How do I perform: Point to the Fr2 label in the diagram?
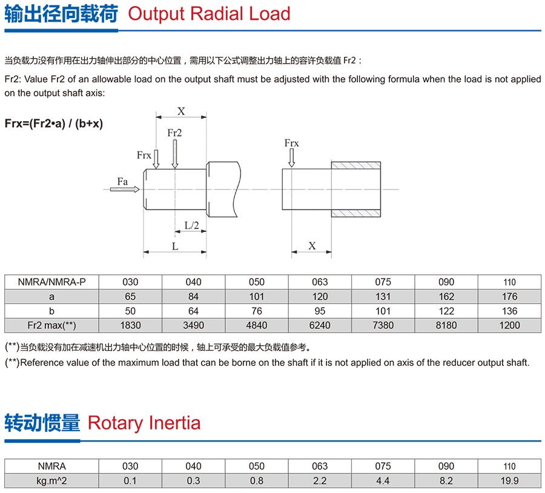(x=174, y=133)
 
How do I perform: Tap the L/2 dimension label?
(x=191, y=225)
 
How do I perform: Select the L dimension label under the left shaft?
(x=175, y=247)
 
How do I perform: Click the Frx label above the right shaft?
(x=291, y=143)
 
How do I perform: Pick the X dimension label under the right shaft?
(x=312, y=246)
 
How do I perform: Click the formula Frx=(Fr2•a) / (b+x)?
(x=53, y=123)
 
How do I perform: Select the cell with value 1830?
(x=130, y=325)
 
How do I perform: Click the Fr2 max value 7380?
(x=383, y=325)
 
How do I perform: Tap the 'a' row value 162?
(x=446, y=296)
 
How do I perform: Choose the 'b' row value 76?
(x=257, y=311)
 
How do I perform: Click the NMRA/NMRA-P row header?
(x=51, y=282)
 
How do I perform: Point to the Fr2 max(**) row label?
(x=51, y=325)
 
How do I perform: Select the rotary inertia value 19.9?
(x=510, y=481)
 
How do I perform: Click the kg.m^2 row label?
(x=51, y=481)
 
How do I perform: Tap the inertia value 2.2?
(x=320, y=481)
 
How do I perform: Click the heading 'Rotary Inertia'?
(x=144, y=422)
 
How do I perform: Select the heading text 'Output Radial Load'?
(x=209, y=13)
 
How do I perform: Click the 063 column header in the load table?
(x=320, y=282)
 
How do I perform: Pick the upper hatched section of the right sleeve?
(x=355, y=165)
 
